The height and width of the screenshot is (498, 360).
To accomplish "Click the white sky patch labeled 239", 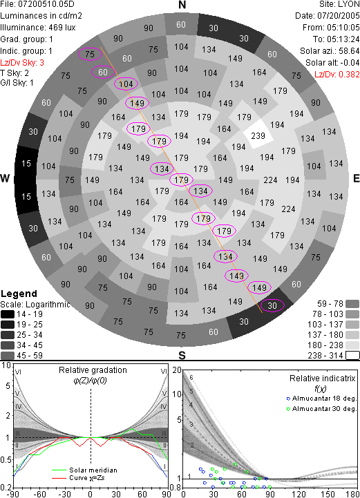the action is click(258, 135).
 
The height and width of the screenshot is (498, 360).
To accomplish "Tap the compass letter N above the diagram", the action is click(182, 5).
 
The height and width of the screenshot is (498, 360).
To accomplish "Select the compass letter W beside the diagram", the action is click(5, 178).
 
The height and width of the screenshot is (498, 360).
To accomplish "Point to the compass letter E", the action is click(356, 178).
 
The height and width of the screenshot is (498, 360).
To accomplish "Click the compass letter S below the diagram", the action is click(182, 355).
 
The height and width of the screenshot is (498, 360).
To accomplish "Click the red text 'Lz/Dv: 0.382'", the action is click(337, 75).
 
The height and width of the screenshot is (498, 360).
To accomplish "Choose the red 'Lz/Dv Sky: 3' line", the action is click(22, 63).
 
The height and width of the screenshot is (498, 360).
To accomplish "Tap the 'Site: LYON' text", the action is click(339, 4).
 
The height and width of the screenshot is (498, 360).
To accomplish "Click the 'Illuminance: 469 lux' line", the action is click(38, 28).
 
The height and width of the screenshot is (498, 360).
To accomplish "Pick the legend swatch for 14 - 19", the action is click(8, 314).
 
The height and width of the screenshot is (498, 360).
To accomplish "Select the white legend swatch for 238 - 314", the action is click(352, 356).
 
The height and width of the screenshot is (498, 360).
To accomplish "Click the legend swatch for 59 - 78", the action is click(352, 304).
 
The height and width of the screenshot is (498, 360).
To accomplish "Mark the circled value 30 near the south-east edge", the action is click(272, 305).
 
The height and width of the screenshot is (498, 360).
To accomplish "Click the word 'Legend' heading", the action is click(19, 294).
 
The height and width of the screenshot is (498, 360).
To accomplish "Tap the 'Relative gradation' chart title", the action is click(93, 370).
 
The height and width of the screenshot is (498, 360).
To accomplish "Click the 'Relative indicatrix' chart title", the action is click(322, 379).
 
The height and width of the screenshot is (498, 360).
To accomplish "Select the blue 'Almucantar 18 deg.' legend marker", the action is click(288, 399).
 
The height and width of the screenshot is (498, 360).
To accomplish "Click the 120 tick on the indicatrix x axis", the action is click(299, 494).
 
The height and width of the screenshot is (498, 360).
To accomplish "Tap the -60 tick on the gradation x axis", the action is click(39, 494).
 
